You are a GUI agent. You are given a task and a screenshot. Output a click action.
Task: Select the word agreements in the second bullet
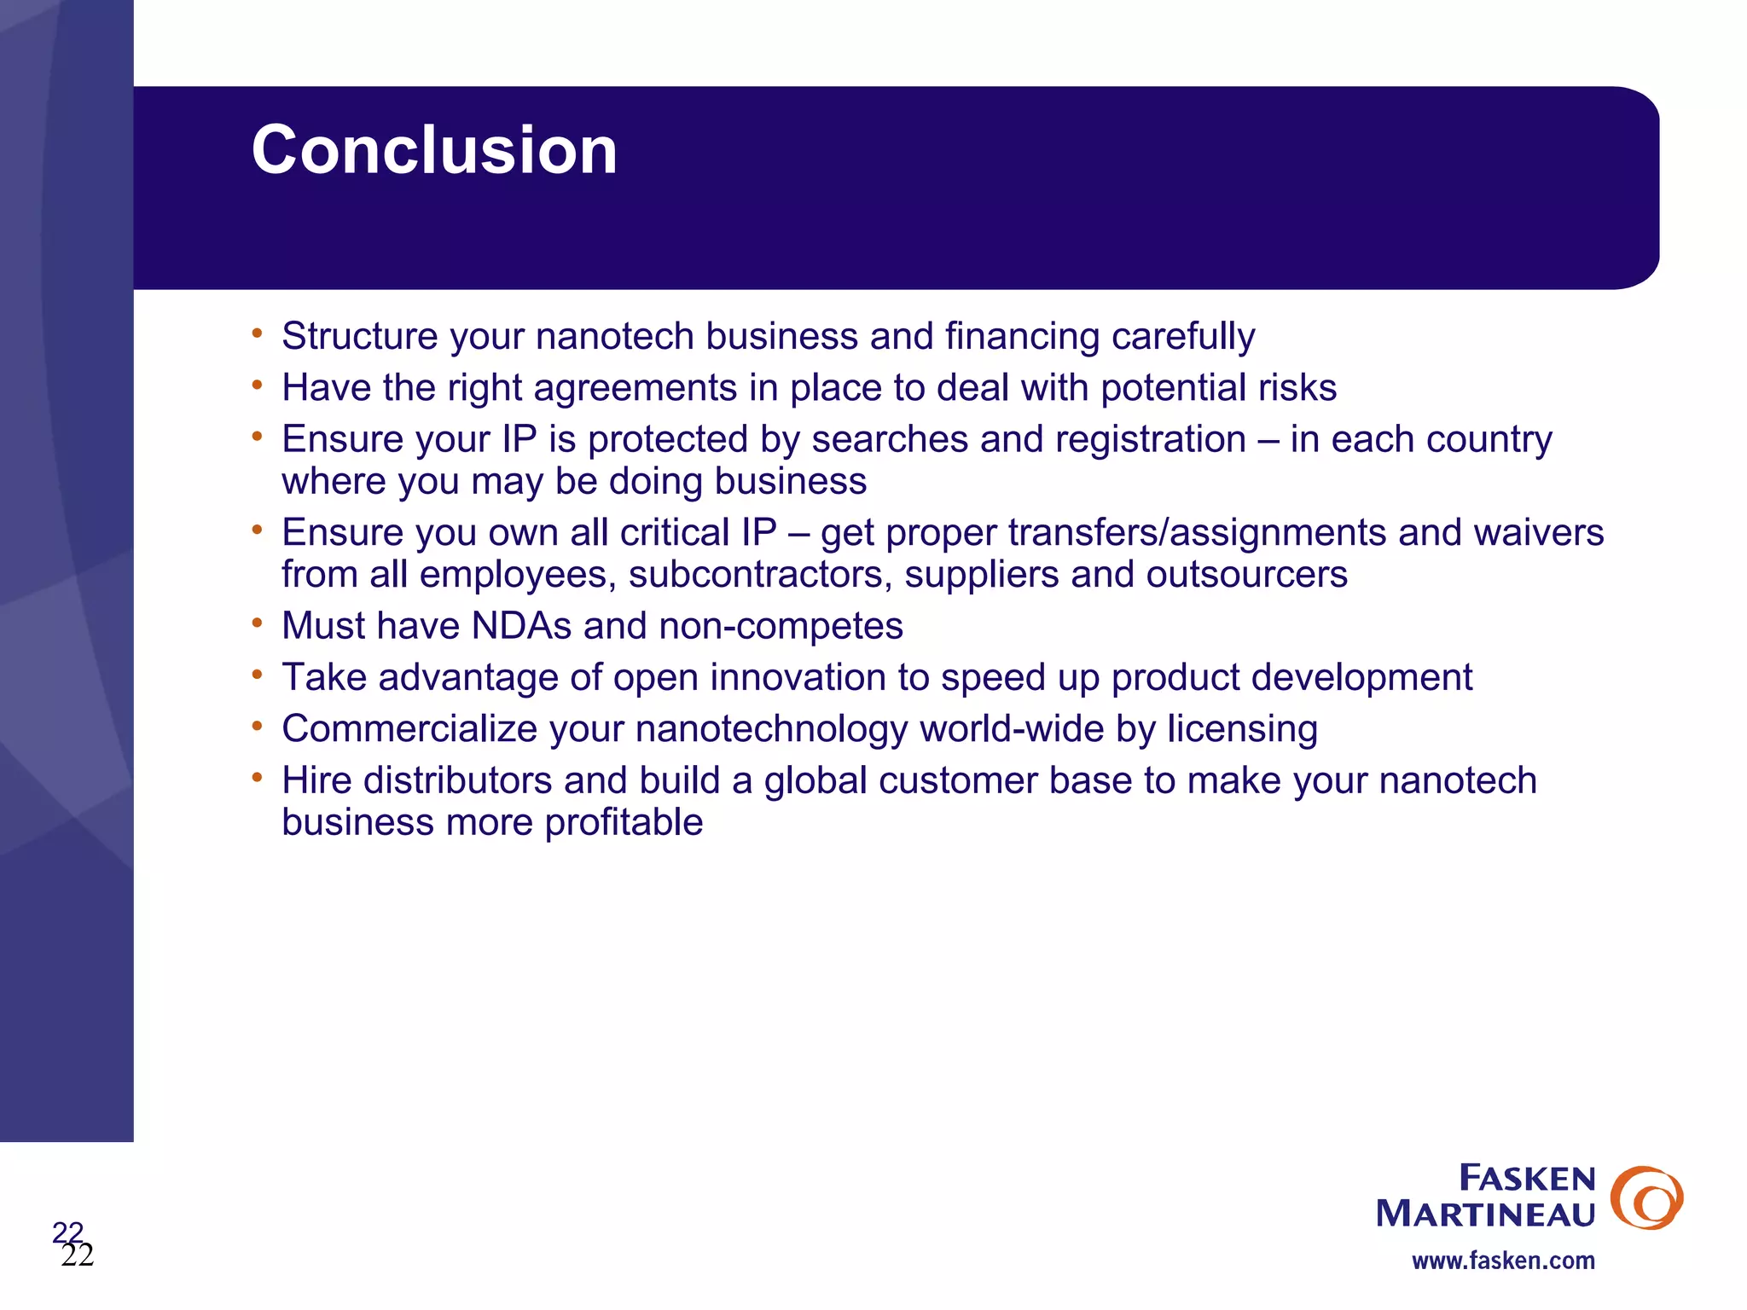click(x=635, y=388)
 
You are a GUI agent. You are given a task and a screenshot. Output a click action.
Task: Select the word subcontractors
click(x=760, y=575)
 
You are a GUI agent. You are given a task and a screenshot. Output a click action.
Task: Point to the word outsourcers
click(x=1246, y=575)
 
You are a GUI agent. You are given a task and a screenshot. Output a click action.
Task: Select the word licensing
click(x=1242, y=729)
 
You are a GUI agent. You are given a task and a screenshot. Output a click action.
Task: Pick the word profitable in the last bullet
click(x=624, y=823)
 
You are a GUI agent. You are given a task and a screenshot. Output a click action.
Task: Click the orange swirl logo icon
click(x=1646, y=1197)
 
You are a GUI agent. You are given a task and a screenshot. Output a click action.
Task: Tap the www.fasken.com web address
click(x=1503, y=1261)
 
